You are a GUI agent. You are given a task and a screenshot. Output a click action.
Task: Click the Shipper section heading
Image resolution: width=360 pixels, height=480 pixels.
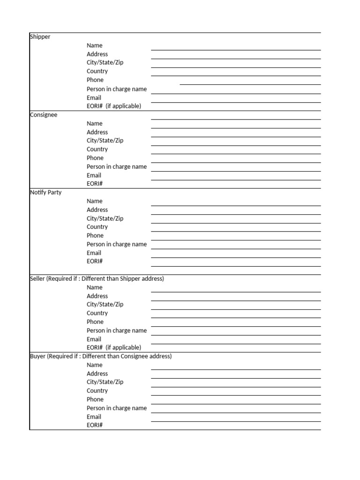pyautogui.click(x=40, y=37)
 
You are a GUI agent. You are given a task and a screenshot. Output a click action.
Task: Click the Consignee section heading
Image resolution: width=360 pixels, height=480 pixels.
pyautogui.click(x=44, y=115)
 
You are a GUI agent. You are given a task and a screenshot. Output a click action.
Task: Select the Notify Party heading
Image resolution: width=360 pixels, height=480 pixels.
pyautogui.click(x=46, y=193)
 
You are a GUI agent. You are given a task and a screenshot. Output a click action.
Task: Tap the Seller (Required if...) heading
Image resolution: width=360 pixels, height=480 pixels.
pyautogui.click(x=97, y=279)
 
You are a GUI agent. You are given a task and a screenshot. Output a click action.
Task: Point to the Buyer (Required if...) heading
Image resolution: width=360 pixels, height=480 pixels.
pyautogui.click(x=101, y=356)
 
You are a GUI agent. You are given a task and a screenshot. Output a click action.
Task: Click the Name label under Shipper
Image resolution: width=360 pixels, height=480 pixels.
pyautogui.click(x=94, y=45)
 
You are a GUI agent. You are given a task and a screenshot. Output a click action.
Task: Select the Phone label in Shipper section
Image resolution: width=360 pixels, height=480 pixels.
pyautogui.click(x=95, y=80)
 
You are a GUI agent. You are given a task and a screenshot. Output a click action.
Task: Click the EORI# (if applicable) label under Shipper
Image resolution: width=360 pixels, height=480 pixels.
pyautogui.click(x=114, y=106)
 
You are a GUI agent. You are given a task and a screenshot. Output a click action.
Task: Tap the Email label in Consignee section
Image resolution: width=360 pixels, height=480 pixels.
pyautogui.click(x=94, y=175)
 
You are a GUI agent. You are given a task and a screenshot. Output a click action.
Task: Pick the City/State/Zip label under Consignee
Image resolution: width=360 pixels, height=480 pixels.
pyautogui.click(x=105, y=141)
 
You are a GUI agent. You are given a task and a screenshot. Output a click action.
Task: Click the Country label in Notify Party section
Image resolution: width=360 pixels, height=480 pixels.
pyautogui.click(x=97, y=227)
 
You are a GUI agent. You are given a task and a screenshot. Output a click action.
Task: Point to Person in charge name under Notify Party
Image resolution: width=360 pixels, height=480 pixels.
pyautogui.click(x=117, y=244)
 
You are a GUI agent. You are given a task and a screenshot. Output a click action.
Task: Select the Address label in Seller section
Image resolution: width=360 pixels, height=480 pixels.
pyautogui.click(x=97, y=296)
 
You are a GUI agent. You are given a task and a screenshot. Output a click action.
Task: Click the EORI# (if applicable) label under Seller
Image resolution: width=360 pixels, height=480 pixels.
pyautogui.click(x=114, y=347)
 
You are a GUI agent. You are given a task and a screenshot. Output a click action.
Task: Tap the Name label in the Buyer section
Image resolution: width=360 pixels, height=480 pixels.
pyautogui.click(x=94, y=365)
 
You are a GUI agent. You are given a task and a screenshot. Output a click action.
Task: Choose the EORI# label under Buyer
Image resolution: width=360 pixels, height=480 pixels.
pyautogui.click(x=95, y=425)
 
